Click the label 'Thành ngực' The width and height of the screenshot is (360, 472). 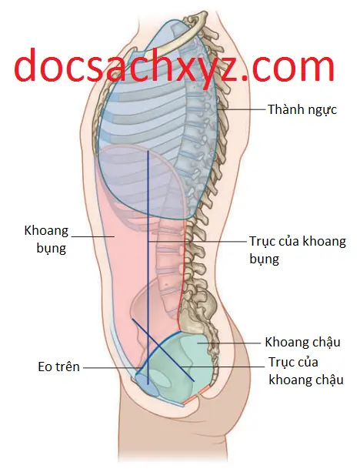tap(302, 110)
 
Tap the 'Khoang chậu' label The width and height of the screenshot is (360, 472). tap(302, 343)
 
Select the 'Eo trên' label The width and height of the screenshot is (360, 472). tap(58, 367)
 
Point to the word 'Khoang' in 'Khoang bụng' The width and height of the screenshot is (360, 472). tap(46, 231)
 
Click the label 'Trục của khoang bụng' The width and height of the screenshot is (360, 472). tap(298, 250)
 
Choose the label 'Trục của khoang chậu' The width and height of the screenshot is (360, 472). tap(306, 371)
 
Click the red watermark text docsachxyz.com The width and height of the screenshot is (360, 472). tap(175, 65)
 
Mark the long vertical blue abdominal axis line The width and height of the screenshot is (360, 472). tap(148, 268)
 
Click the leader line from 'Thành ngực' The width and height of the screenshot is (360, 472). tap(242, 110)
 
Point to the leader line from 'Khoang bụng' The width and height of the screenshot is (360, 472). tap(93, 236)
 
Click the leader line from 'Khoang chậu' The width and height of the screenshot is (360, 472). tap(228, 343)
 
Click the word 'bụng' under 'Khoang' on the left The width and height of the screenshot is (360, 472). tap(51, 249)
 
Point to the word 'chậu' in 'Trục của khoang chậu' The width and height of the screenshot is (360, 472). tap(330, 380)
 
